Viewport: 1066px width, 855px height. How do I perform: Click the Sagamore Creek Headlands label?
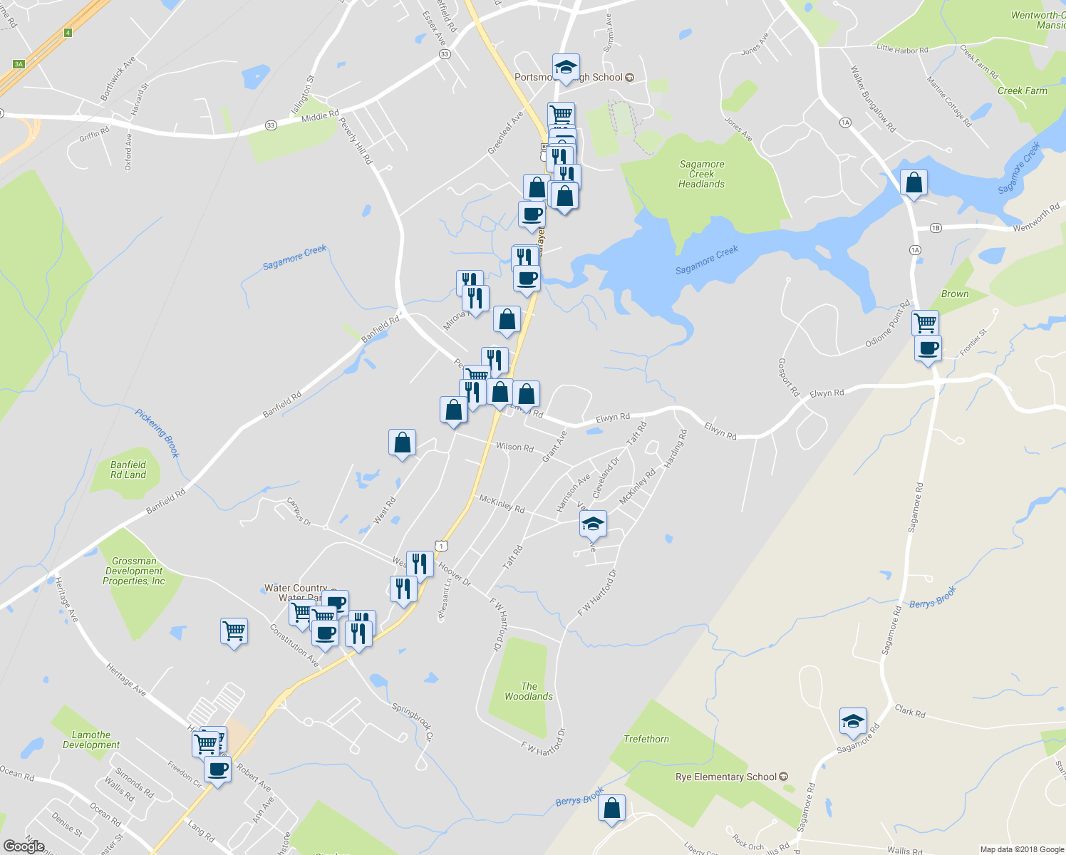coord(701,174)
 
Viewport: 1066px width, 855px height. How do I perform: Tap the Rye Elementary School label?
coord(725,777)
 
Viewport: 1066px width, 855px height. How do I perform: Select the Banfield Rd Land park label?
coord(128,470)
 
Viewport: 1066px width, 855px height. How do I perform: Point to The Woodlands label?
coord(529,691)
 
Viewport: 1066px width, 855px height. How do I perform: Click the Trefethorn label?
coord(646,739)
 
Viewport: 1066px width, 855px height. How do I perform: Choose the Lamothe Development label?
coord(91,740)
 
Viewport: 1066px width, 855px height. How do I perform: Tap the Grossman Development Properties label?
coord(134,571)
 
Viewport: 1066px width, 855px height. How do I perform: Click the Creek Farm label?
coord(1022,90)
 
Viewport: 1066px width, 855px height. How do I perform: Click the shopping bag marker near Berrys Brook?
coord(611,809)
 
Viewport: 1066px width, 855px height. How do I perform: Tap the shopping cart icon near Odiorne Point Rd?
coord(925,323)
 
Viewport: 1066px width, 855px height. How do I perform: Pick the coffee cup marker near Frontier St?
coord(928,349)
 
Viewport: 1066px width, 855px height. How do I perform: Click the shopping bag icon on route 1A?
coord(914,183)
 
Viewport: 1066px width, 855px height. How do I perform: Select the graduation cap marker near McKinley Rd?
coord(593,524)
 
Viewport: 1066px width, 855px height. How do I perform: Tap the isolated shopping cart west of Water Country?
coord(234,631)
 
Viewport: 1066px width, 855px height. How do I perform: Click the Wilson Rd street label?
coord(514,447)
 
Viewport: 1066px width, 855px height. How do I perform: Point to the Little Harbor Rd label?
coord(902,49)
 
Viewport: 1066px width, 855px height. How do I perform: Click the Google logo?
coord(24,846)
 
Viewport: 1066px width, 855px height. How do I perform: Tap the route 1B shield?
coord(936,228)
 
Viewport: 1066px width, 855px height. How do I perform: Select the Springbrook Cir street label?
coord(413,721)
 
